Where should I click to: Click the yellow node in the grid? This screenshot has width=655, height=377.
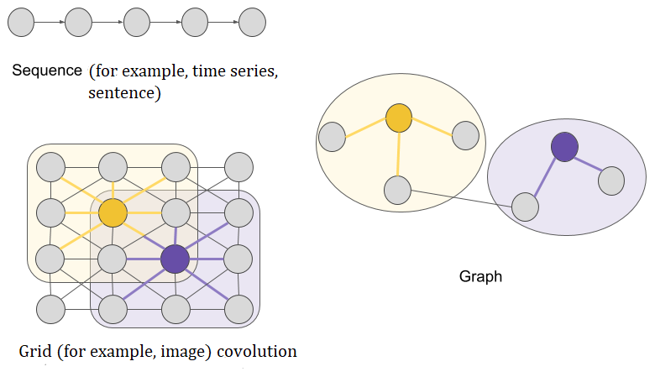(x=113, y=213)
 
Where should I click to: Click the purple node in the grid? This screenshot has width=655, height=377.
(x=175, y=259)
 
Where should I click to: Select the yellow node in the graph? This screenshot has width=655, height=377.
(x=399, y=118)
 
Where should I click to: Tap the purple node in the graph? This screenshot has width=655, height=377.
(x=564, y=147)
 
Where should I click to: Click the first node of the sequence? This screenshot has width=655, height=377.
(x=21, y=23)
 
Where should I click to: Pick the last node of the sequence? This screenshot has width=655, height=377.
(x=252, y=23)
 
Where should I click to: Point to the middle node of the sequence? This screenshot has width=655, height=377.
(x=137, y=23)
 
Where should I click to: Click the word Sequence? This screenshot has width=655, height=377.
(x=47, y=71)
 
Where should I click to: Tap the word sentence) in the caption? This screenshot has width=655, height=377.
(x=124, y=92)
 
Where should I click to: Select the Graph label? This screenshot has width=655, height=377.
(x=480, y=276)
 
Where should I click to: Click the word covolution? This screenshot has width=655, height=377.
(x=257, y=351)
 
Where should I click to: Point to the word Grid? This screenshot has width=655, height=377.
(x=35, y=351)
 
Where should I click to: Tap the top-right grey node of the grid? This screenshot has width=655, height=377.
(x=239, y=167)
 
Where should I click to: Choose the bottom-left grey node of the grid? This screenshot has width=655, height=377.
(x=50, y=309)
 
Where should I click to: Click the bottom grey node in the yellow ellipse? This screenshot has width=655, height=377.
(x=398, y=190)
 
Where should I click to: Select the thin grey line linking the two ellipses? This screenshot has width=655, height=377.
(x=462, y=198)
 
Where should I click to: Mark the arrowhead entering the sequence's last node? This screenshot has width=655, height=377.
(x=236, y=22)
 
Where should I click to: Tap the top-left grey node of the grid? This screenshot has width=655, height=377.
(x=50, y=167)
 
